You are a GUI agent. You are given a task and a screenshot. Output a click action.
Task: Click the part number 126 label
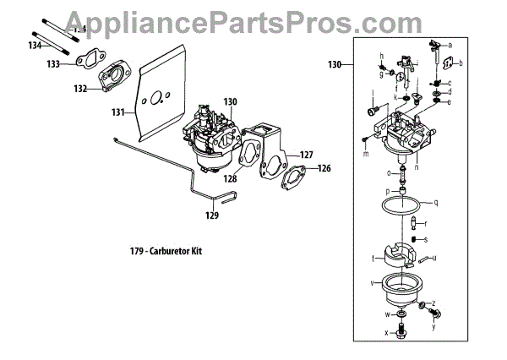click(x=325, y=168)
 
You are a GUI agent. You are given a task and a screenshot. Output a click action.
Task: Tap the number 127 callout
click(x=307, y=155)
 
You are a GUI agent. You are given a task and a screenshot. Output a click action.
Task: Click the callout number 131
click(x=117, y=111)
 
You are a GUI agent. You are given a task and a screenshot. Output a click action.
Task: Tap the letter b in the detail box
click(x=462, y=63)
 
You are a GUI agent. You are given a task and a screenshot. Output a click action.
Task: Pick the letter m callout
click(x=365, y=154)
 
